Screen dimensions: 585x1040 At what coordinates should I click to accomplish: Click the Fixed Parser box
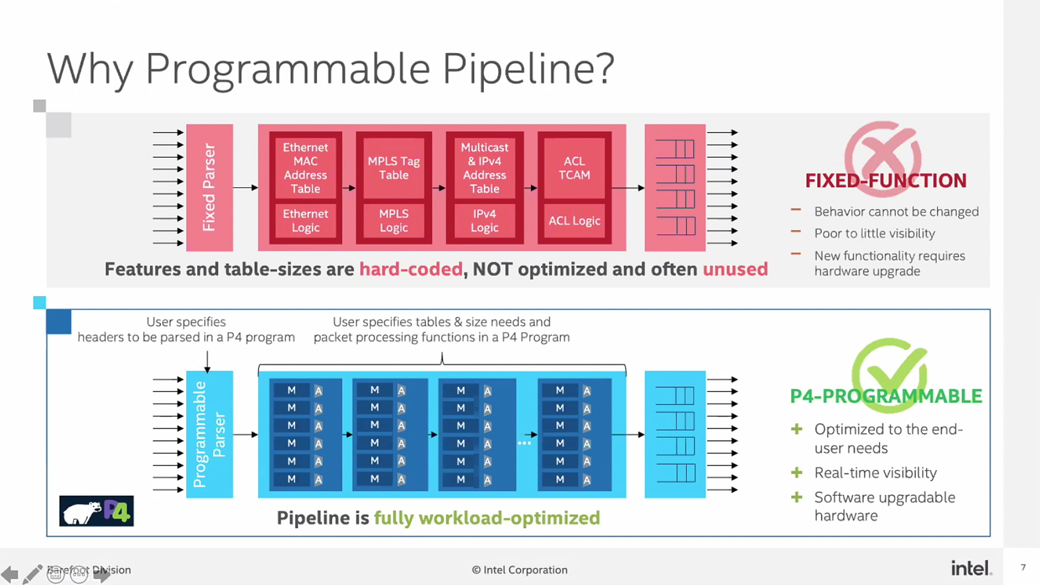209,188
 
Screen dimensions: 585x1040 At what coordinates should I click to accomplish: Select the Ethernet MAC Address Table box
305,168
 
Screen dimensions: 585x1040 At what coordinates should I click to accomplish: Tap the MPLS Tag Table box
393,168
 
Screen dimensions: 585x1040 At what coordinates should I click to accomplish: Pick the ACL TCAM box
574,168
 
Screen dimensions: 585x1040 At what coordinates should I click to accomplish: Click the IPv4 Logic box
484,221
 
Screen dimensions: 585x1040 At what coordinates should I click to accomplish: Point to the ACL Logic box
574,221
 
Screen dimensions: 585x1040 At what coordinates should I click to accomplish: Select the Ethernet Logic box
305,221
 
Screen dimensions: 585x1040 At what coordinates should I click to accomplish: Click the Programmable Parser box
209,434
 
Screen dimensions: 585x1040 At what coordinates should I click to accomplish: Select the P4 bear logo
96,511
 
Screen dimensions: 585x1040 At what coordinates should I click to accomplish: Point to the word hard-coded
411,269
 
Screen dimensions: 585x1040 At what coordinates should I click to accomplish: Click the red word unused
735,269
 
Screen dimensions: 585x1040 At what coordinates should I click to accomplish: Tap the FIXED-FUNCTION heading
886,181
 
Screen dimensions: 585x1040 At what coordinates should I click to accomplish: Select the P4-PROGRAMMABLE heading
886,396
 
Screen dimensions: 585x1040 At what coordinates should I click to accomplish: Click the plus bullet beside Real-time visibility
796,472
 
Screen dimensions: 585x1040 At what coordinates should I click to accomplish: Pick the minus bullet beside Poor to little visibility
796,232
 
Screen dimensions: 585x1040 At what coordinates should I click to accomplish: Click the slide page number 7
1023,567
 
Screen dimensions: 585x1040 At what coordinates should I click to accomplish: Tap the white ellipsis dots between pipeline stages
524,443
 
